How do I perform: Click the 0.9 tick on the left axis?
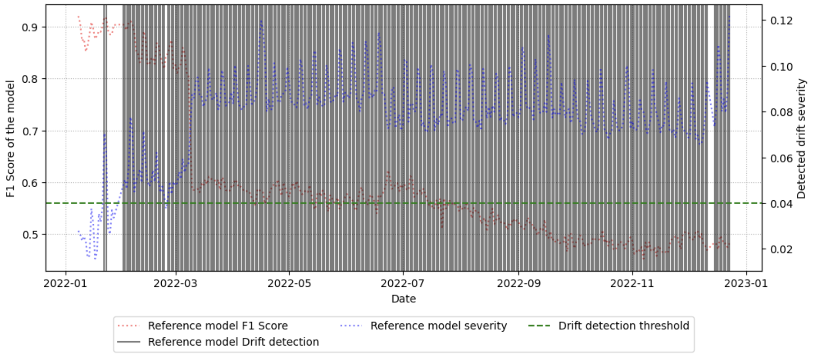pos(29,27)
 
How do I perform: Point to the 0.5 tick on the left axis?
pos(29,235)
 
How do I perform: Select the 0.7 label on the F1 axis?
pos(29,131)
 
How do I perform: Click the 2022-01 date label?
pos(65,283)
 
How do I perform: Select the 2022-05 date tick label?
pos(289,283)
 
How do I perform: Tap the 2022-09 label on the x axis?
pos(519,283)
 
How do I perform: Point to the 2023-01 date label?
pos(746,283)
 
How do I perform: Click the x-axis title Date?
pos(403,299)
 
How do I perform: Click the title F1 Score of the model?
pos(11,139)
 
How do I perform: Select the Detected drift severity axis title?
pos(801,139)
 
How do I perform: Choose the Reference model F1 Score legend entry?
pos(218,326)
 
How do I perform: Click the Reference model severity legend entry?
pos(438,326)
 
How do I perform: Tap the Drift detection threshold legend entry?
pos(624,326)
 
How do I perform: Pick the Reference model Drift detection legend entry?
pos(233,342)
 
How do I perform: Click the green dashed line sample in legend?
pos(539,326)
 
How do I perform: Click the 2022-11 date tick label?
pos(632,283)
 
